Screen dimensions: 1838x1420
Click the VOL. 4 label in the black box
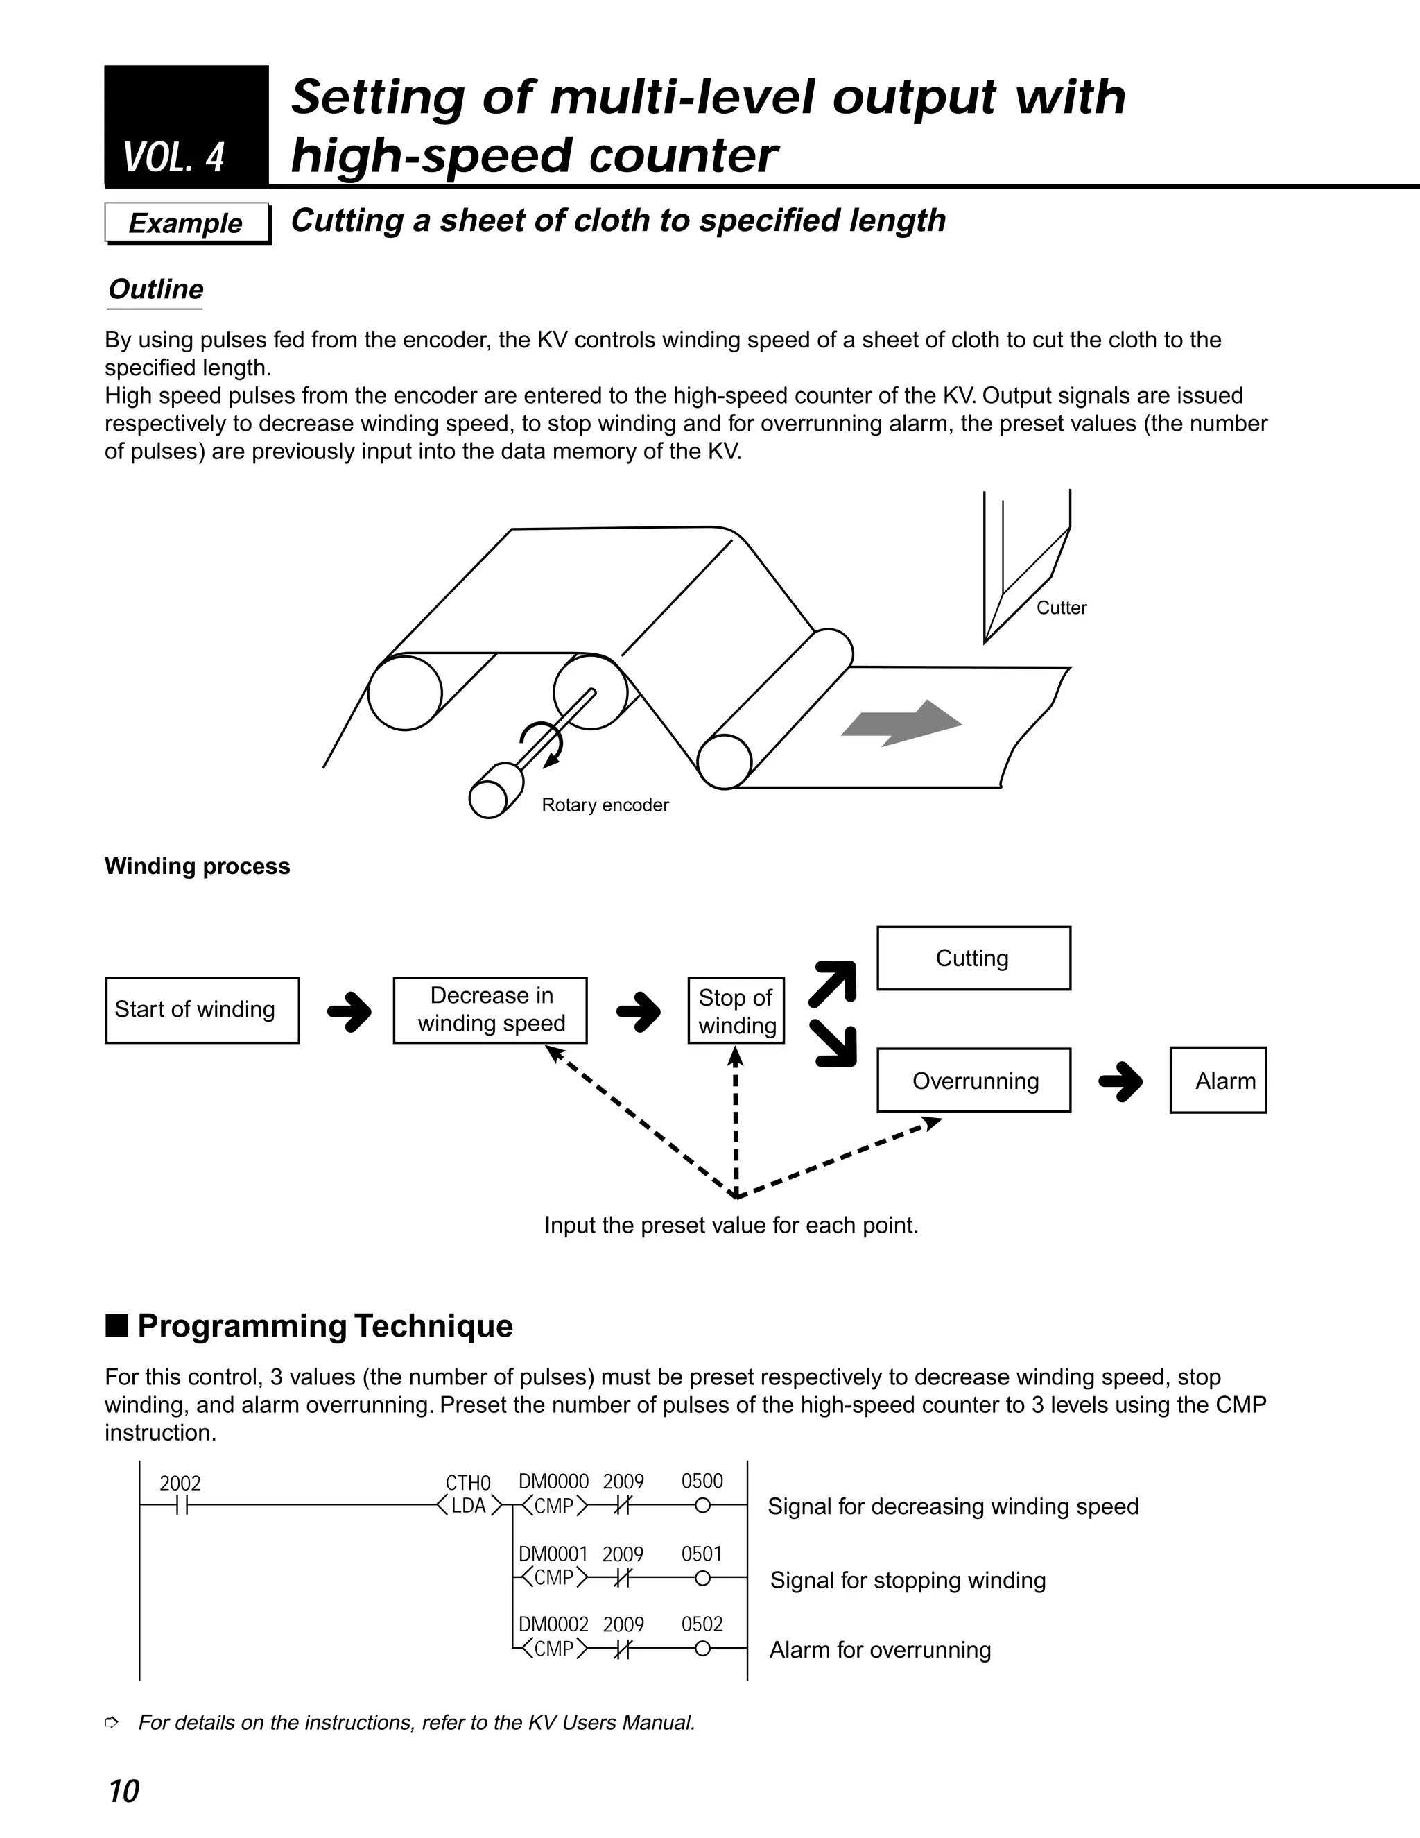click(174, 158)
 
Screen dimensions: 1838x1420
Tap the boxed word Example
click(185, 223)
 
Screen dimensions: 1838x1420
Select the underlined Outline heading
click(155, 289)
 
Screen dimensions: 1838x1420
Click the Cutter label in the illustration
click(1061, 608)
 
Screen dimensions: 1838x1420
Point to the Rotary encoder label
click(605, 805)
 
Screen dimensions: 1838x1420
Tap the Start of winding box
click(202, 1010)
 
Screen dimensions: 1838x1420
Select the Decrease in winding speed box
click(490, 1010)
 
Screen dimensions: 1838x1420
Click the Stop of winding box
click(736, 1011)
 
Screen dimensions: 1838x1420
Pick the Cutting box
click(973, 959)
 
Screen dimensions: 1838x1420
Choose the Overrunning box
click(974, 1081)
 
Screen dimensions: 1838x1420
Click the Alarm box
click(1218, 1081)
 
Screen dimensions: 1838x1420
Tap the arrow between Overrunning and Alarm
click(1120, 1081)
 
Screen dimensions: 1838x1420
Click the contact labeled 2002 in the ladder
click(181, 1506)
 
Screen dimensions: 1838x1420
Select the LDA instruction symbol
click(469, 1506)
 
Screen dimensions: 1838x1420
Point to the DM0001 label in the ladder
click(553, 1554)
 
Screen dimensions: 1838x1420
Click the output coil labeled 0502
click(702, 1649)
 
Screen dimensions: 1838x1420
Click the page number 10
click(123, 1791)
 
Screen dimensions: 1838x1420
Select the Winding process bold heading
click(197, 866)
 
